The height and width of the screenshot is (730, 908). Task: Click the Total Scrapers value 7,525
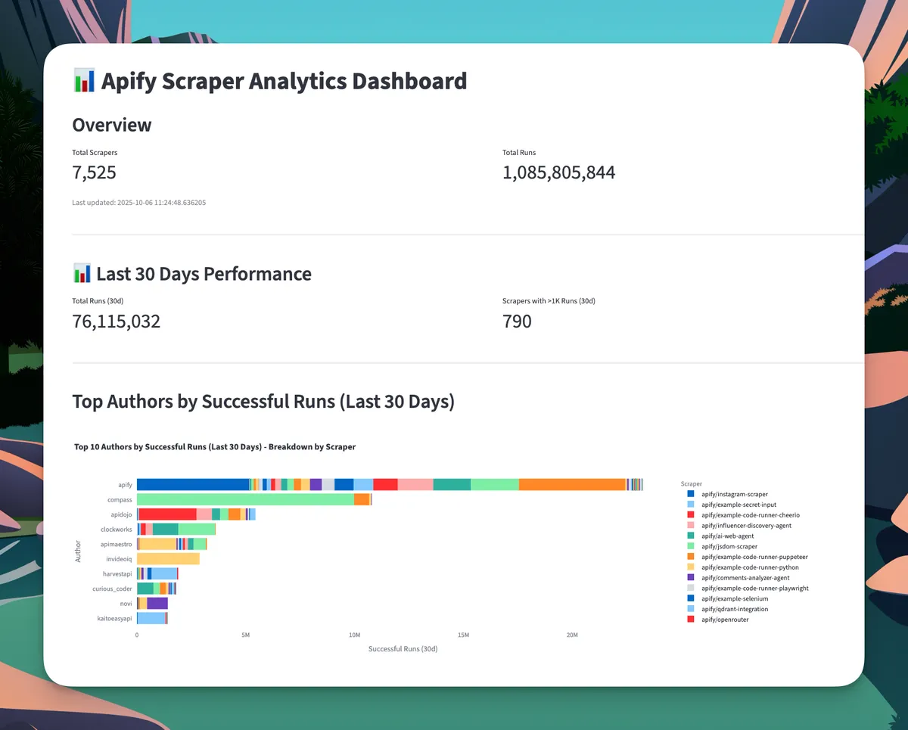[95, 172]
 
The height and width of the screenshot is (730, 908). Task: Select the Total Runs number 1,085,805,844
[558, 172]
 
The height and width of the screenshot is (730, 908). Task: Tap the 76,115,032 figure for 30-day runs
[117, 322]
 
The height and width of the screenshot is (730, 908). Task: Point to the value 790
[517, 322]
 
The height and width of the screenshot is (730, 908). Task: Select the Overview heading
[112, 125]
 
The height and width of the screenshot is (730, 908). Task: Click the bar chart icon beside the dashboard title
[83, 80]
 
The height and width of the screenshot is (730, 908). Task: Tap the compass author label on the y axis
[120, 500]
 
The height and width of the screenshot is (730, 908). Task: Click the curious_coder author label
[113, 589]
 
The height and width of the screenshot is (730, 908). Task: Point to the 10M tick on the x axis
[354, 635]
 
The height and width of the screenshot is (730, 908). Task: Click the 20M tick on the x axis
[572, 635]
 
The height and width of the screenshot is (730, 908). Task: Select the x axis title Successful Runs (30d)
[403, 649]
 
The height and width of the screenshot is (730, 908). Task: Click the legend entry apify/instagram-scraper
[734, 494]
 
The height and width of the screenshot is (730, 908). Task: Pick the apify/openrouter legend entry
[725, 620]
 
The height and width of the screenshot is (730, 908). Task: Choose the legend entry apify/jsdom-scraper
[729, 546]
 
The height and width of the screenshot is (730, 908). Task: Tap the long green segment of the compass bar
[244, 500]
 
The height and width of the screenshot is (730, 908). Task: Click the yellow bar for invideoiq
[168, 559]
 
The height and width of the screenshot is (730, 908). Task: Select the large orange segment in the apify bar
[572, 485]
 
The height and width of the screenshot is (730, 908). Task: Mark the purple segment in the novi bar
[157, 604]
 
